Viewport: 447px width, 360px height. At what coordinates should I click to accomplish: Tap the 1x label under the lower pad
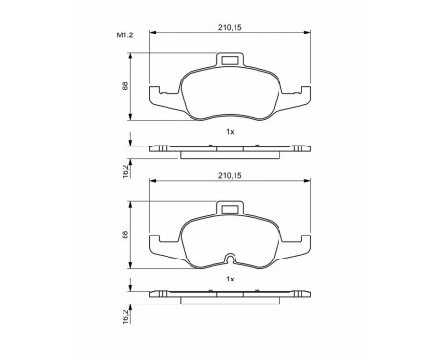click(x=230, y=279)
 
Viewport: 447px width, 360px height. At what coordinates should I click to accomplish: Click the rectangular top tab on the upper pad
click(x=230, y=62)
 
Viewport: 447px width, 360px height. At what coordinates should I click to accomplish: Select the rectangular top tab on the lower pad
click(x=230, y=210)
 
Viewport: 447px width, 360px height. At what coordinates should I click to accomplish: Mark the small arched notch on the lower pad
click(x=230, y=259)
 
